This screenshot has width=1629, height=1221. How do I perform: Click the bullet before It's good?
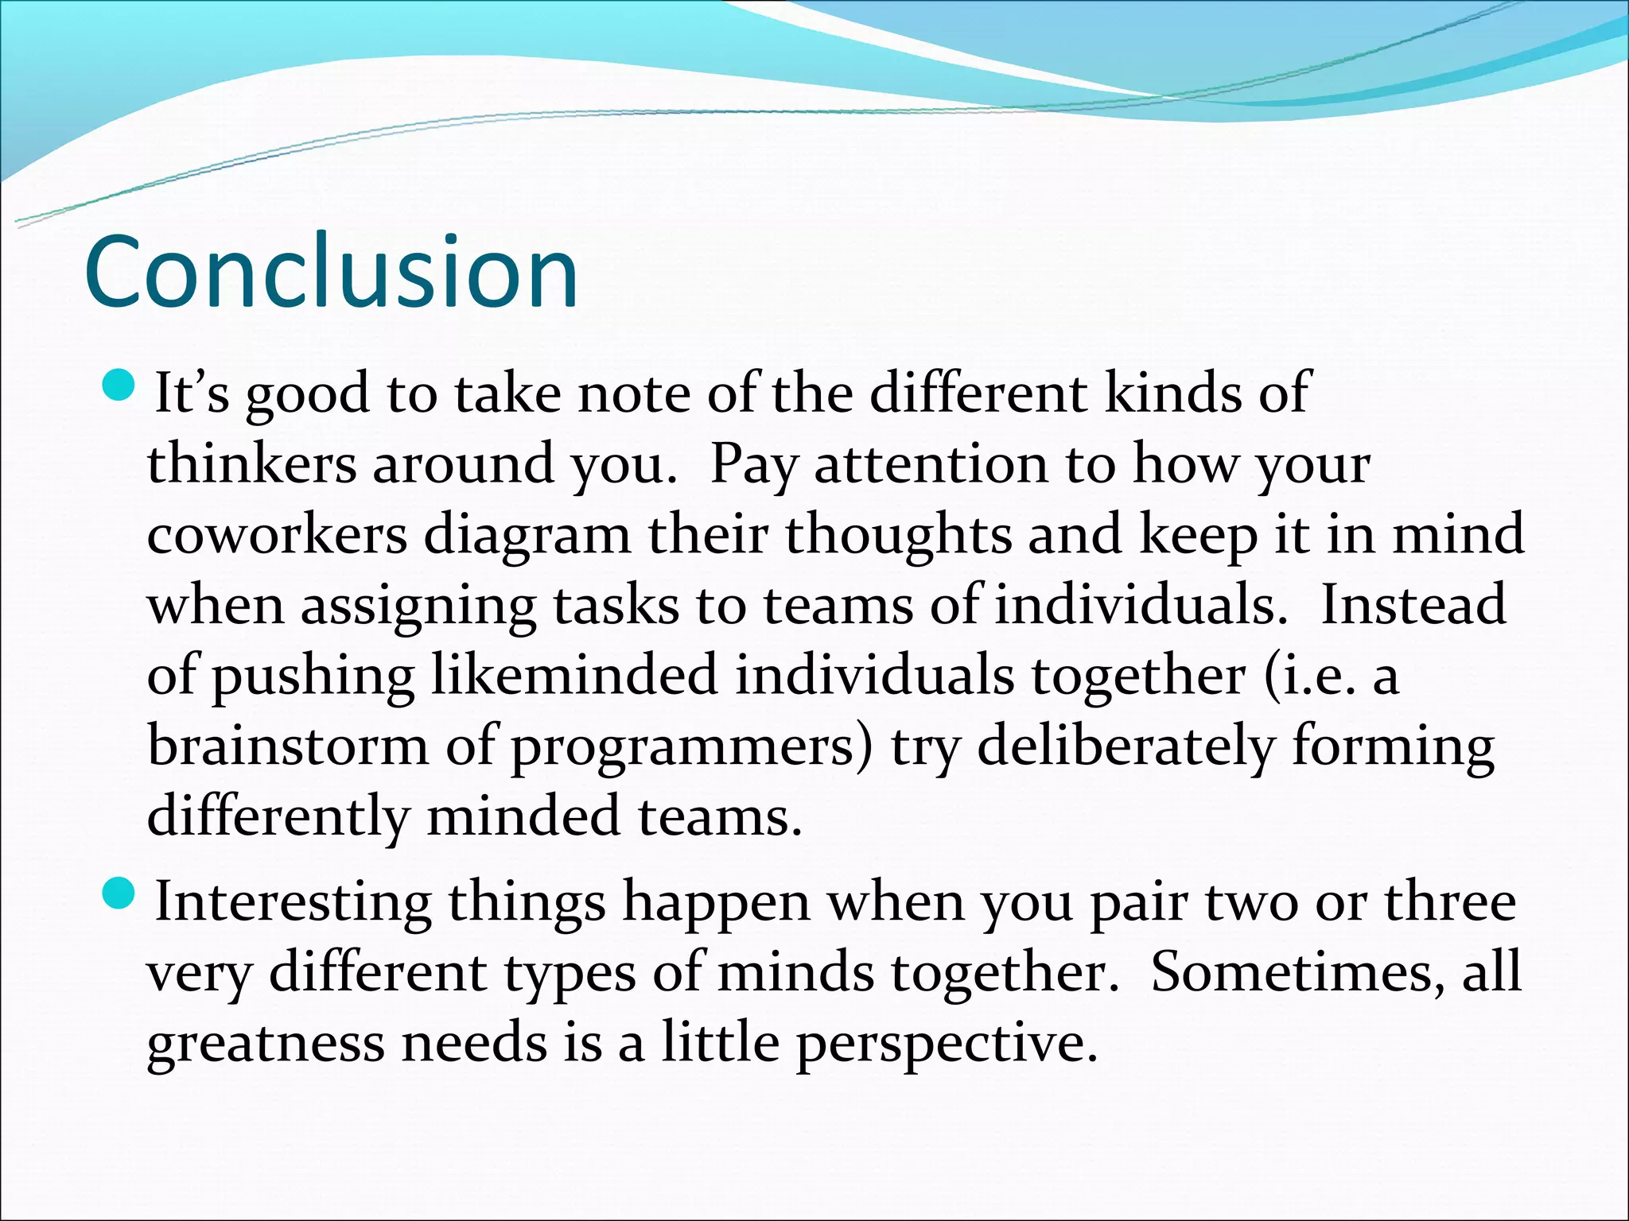pos(121,386)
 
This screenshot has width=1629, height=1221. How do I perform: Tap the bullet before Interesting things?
pos(121,895)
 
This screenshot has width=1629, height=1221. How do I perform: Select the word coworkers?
pos(277,535)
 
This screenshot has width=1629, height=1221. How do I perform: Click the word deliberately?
pos(1126,746)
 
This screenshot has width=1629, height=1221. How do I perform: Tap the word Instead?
pos(1413,605)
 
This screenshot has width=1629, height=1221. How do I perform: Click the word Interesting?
pos(293,903)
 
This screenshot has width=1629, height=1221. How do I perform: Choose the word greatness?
pos(266,1044)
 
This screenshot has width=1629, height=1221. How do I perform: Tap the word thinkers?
pos(251,464)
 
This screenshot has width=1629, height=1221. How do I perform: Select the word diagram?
pos(527,537)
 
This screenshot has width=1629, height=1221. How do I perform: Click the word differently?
pos(277,818)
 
